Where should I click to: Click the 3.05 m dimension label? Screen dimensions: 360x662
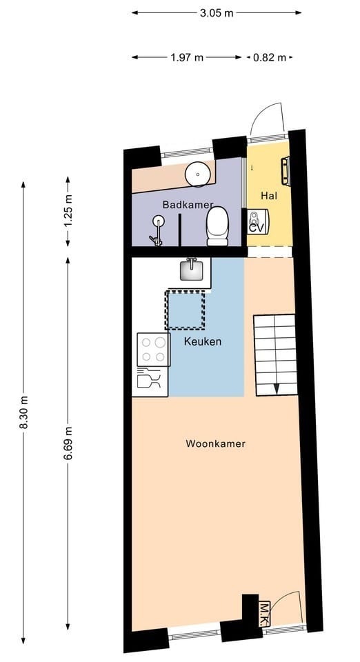[x=217, y=12]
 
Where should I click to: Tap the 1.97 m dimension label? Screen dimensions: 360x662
[x=187, y=57]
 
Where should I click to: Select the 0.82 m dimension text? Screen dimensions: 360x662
[x=270, y=57]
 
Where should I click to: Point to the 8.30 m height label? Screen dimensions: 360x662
[x=23, y=412]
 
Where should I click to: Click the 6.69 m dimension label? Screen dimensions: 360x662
[x=68, y=443]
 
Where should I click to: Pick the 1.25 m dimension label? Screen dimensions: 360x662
[x=68, y=210]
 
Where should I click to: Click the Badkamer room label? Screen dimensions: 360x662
[x=188, y=205]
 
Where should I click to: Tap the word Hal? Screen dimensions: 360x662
[x=269, y=196]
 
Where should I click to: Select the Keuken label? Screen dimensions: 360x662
[x=203, y=341]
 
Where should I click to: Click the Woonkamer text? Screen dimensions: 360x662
[x=216, y=443]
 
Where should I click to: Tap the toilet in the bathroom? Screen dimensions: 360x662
[x=217, y=226]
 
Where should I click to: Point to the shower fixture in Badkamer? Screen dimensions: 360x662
[x=157, y=231]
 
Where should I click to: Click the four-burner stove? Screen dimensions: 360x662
[x=154, y=350]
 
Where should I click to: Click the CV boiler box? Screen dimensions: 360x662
[x=257, y=221]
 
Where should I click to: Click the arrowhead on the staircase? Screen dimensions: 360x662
[x=276, y=389]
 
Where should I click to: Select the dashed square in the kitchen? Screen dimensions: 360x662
[x=185, y=310]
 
